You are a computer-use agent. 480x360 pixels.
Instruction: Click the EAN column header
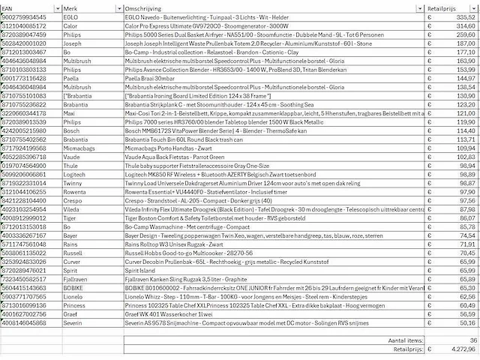tap(9, 6)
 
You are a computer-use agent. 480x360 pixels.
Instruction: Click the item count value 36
tap(472, 340)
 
